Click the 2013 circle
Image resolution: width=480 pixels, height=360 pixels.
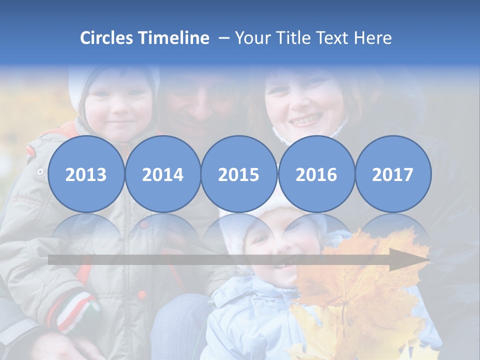tap(86, 174)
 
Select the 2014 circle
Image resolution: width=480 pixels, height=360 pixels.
tap(162, 174)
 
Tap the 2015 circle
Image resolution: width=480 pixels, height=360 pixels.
tap(239, 174)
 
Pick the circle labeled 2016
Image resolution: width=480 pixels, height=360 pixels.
tap(316, 174)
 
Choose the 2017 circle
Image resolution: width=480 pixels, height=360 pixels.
tap(393, 174)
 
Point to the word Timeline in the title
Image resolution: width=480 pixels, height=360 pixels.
tap(174, 38)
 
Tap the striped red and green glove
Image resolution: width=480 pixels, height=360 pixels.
tap(75, 310)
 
